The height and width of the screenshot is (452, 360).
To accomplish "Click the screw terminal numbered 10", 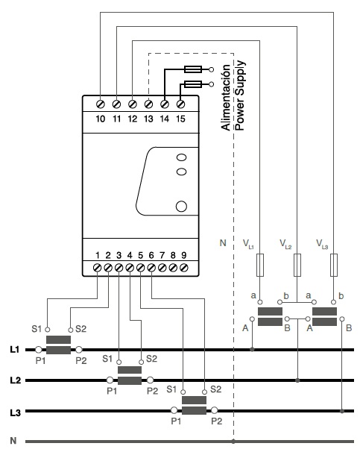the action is tap(101, 104).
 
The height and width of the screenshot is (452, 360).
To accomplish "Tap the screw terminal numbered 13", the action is tap(148, 104).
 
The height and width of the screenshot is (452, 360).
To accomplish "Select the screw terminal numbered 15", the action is tap(180, 104).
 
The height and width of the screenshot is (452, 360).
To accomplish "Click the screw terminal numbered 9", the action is tap(184, 268).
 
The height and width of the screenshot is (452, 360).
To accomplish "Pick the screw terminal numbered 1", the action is tap(98, 268).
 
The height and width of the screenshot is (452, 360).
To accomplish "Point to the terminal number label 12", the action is tap(133, 119).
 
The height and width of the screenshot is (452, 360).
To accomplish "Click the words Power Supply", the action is tap(240, 95).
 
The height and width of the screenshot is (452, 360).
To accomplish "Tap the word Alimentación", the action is tap(226, 98).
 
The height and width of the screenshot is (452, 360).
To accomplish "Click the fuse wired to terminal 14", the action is tap(193, 69).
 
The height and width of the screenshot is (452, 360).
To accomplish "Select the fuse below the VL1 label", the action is tap(260, 266).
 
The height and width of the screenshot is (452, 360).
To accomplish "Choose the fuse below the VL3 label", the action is tap(333, 266).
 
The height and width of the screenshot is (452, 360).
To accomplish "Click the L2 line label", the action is tap(15, 380).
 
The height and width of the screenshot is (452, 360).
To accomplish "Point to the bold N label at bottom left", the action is tap(13, 441).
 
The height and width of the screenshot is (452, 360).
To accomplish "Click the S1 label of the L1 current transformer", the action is tap(37, 329).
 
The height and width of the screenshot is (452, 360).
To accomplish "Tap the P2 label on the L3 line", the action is tap(217, 421).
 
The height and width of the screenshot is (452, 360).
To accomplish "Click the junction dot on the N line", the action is tap(233, 441).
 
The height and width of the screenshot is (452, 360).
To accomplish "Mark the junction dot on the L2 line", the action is tap(297, 380).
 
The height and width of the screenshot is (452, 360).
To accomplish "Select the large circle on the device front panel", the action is tap(181, 207).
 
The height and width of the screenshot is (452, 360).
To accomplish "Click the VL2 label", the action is tap(285, 244).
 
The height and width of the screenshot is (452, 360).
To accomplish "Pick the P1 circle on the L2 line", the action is tap(110, 380).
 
